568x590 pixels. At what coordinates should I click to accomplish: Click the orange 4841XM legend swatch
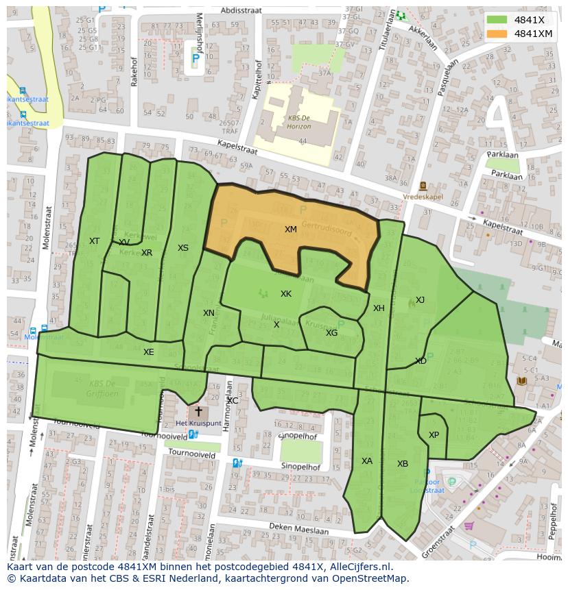pos(497,34)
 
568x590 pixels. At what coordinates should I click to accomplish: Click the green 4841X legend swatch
pos(497,20)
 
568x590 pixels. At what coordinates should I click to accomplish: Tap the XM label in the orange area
pos(291,230)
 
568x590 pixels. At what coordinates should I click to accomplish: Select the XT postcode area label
pos(94,241)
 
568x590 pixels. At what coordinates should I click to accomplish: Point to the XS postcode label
pos(182,248)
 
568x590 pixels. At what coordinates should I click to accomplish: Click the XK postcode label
pos(286,294)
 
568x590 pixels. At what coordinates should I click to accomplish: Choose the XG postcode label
pos(331,333)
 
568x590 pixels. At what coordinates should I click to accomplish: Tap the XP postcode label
pos(434,435)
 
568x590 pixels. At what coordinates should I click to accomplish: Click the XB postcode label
pos(403,464)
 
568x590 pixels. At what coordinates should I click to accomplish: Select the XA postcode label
pos(367,461)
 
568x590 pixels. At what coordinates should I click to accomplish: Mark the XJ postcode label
pos(420,300)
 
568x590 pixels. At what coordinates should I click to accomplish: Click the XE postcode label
pos(148,352)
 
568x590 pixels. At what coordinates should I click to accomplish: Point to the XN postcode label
pos(209,313)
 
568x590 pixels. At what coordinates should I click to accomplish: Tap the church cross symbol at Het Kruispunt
pos(198,412)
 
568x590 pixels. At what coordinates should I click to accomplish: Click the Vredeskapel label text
pos(423,196)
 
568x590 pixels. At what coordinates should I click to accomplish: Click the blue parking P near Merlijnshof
pos(196,60)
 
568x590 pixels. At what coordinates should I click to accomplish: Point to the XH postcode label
pos(379,308)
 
